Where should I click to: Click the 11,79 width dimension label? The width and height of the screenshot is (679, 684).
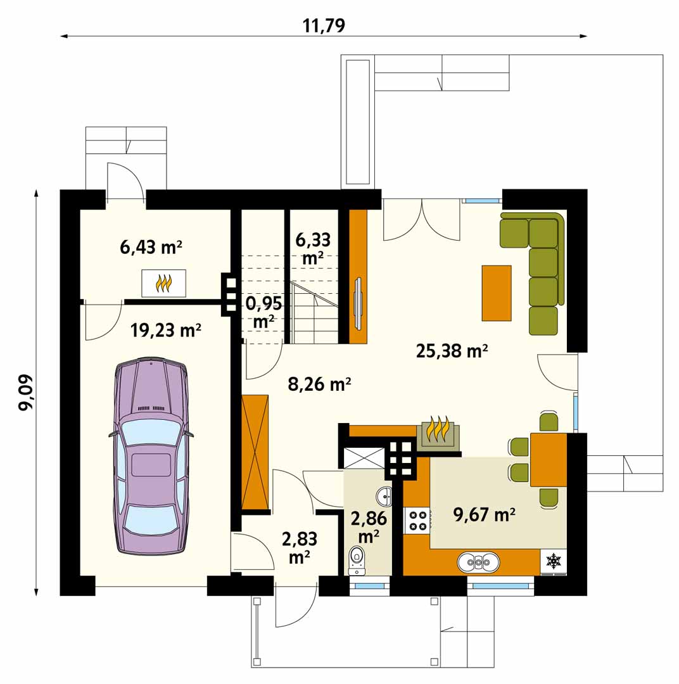[324, 25]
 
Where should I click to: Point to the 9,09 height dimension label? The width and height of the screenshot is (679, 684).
[26, 392]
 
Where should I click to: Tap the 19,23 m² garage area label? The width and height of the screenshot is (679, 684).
[166, 330]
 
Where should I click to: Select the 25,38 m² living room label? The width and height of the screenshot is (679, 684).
[452, 350]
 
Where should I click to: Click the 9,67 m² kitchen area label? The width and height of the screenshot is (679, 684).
[485, 515]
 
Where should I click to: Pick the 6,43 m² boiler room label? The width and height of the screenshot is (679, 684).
[151, 247]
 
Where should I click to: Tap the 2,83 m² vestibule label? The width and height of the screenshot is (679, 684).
[300, 547]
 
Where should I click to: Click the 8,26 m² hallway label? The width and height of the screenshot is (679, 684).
[319, 384]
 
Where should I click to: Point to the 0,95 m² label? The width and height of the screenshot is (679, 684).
[263, 312]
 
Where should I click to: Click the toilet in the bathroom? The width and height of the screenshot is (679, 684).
[357, 561]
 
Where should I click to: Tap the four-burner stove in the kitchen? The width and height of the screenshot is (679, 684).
[417, 521]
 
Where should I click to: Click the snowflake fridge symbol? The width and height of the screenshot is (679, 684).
[554, 561]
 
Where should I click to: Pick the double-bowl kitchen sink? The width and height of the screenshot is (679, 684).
[479, 563]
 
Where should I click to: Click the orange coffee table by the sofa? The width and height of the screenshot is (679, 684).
[497, 293]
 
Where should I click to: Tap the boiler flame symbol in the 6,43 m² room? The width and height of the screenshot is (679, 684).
[163, 284]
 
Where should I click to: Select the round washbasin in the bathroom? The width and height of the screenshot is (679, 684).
[384, 495]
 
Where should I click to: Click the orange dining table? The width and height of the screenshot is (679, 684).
[549, 460]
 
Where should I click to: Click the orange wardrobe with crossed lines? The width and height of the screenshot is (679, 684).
[255, 452]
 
